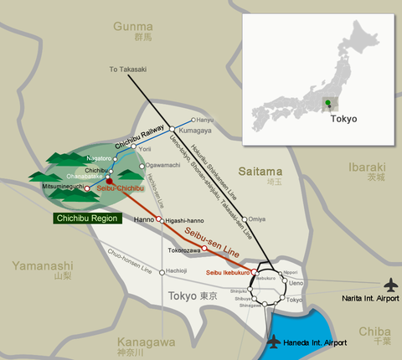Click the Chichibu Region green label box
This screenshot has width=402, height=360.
(x=87, y=219)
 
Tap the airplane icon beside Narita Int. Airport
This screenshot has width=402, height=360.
(x=390, y=285)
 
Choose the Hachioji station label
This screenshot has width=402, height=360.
(x=176, y=271)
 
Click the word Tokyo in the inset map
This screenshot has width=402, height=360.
(x=343, y=119)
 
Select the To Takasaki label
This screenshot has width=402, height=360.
(x=126, y=69)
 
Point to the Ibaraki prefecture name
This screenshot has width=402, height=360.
(x=369, y=167)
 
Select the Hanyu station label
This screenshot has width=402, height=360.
(x=203, y=120)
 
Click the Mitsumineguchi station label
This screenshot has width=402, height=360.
(x=60, y=188)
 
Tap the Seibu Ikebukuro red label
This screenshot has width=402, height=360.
(x=227, y=273)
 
